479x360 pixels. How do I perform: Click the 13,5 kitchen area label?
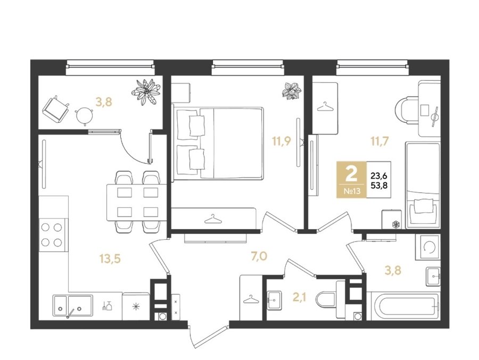110,259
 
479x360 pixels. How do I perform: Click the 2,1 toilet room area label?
300,297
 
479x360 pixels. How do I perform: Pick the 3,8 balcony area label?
104,102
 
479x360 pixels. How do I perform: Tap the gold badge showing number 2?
352,180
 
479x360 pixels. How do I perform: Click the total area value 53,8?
379,185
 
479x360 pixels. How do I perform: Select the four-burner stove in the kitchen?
52,235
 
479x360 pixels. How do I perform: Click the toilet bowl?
327,300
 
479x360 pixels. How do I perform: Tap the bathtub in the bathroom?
403,306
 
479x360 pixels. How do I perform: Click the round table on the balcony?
84,115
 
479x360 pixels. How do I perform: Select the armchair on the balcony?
56,108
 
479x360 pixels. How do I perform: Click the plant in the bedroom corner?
292,91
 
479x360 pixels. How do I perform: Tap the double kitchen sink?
73,305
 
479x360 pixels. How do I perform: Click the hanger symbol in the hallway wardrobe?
251,299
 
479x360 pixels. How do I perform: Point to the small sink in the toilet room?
275,300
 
